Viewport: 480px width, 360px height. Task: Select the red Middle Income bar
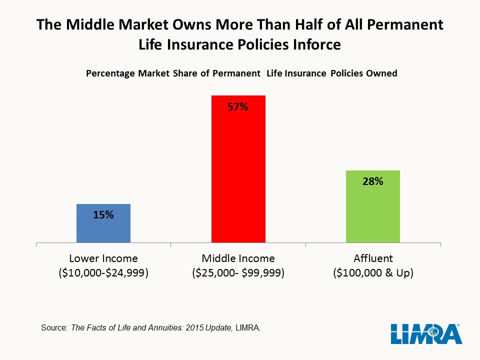point(238,175)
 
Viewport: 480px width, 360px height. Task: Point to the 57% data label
point(238,106)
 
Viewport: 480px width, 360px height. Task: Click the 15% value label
point(103,215)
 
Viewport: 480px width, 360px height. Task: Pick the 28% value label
point(373,182)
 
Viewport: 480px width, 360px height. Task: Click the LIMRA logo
point(426,333)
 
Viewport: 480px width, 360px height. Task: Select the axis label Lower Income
point(103,258)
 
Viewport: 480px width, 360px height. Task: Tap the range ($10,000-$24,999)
point(103,273)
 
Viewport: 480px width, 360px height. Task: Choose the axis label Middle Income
point(238,258)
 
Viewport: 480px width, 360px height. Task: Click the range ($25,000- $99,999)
point(238,273)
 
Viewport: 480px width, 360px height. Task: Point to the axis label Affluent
point(373,258)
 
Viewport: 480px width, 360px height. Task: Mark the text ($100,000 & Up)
point(373,273)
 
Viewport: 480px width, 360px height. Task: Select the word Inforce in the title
point(313,44)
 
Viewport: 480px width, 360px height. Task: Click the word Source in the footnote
point(51,328)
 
